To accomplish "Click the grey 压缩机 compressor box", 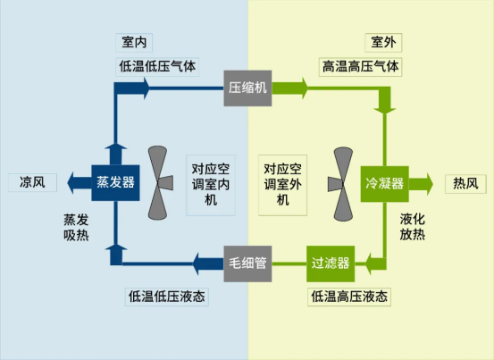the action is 247,88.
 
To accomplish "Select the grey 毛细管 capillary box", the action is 247,264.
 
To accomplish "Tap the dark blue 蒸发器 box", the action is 115,182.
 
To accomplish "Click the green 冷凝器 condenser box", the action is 385,184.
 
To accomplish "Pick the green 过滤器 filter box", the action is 331,264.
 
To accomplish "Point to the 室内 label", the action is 134,43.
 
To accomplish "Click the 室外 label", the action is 383,43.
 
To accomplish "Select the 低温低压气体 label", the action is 157,67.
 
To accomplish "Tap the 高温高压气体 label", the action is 360,67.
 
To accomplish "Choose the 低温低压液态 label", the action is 167,297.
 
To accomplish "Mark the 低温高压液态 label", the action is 349,297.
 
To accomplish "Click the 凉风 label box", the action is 32,182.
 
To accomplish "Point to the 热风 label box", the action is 465,184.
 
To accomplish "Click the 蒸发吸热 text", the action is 76,228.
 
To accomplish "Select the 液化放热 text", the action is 413,227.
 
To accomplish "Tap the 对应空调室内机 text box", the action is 211,185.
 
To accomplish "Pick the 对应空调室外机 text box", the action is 282,185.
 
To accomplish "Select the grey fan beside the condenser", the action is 340,184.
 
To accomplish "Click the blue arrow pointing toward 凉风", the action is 80,182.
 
